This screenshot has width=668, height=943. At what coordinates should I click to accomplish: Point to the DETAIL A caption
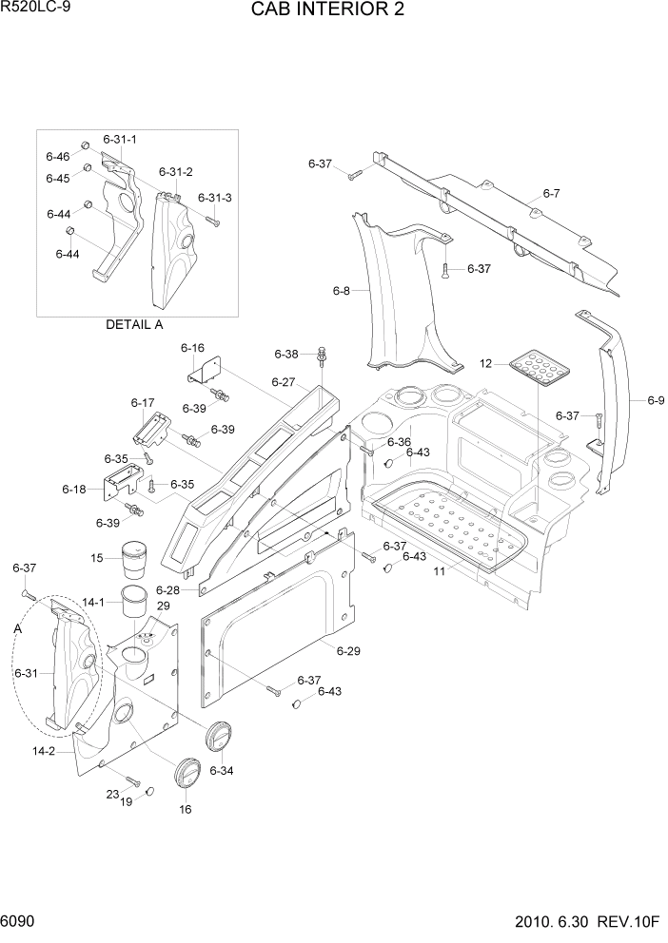[134, 324]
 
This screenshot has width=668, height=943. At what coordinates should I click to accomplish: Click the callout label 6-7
[551, 194]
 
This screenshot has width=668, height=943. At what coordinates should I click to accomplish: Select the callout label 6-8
[341, 291]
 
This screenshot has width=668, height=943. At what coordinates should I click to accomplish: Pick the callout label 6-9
[655, 401]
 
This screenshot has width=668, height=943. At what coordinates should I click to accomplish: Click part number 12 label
[485, 363]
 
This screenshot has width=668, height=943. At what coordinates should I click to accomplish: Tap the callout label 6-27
[284, 382]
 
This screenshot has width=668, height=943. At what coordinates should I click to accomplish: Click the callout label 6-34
[221, 770]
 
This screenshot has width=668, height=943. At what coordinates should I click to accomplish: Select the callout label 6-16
[193, 349]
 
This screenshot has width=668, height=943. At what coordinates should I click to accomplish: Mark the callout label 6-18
[74, 489]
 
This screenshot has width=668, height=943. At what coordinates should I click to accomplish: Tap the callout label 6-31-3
[215, 198]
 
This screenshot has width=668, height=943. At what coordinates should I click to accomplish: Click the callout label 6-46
[57, 156]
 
